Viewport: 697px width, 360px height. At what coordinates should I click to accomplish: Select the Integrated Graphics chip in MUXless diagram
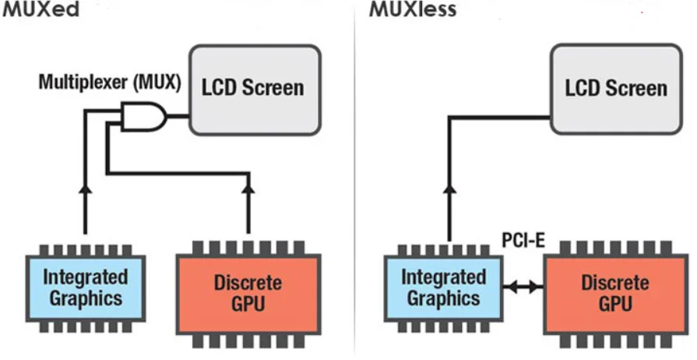(x=442, y=288)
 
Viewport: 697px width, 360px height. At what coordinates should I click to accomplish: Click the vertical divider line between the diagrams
(x=354, y=179)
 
